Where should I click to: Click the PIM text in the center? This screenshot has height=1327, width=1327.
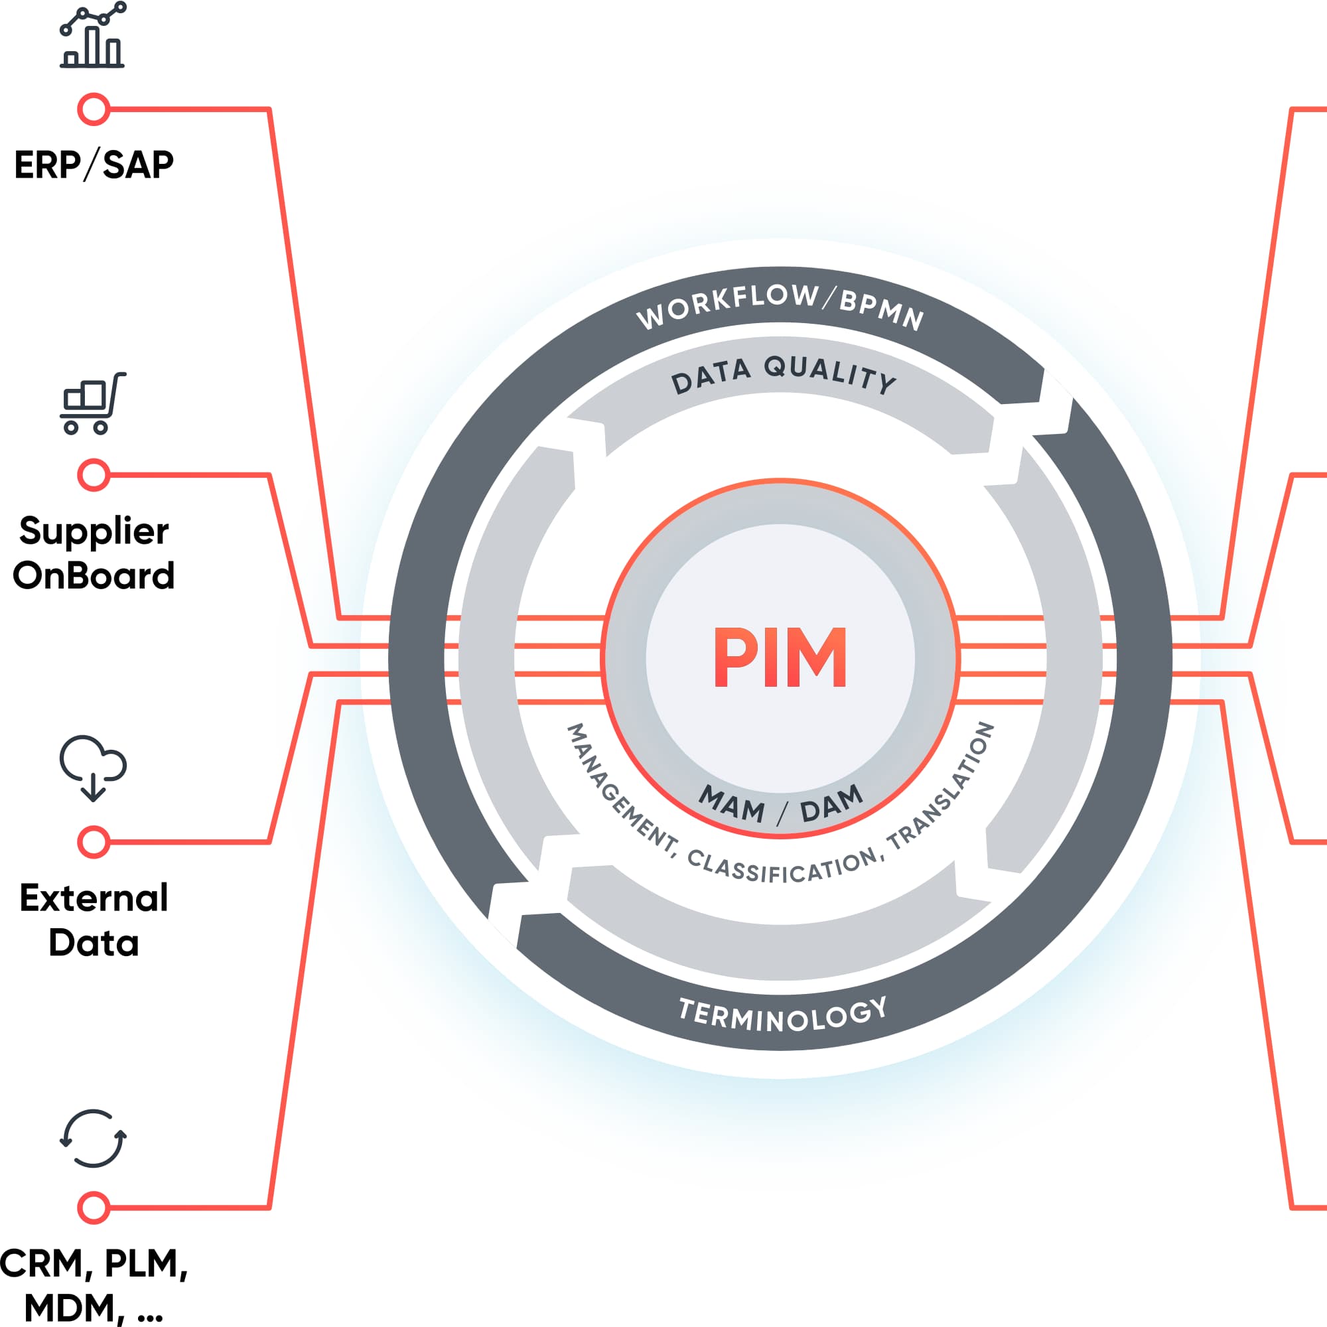tap(780, 658)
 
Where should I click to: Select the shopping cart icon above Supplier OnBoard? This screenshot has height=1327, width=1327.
tap(93, 404)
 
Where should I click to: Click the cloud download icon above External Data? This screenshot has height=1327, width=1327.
tap(93, 768)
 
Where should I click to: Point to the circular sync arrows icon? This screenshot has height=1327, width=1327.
tap(93, 1138)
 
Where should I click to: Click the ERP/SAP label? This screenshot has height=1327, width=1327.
tap(94, 165)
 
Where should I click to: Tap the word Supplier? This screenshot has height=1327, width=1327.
tap(94, 531)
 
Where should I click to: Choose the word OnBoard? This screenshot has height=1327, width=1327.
tap(94, 575)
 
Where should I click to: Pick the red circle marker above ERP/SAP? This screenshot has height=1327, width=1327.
tap(94, 109)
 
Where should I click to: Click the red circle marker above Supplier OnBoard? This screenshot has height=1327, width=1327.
tap(94, 474)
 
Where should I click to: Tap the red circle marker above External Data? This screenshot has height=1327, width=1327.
tap(94, 842)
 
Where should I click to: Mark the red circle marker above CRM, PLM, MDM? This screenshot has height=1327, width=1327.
tap(94, 1208)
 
